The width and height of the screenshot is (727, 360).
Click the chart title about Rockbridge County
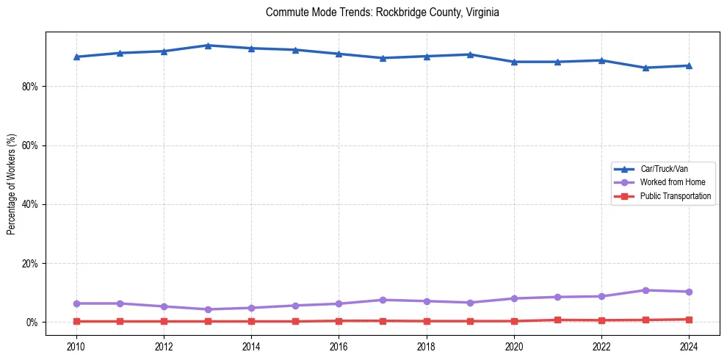pos(383,12)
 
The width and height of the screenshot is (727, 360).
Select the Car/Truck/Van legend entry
pos(663,169)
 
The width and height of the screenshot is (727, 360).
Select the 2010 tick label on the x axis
pos(76,346)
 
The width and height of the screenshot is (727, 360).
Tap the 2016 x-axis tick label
pos(339,346)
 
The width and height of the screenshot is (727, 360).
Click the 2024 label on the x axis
pos(689,346)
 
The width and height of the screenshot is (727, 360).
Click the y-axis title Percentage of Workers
pos(12,184)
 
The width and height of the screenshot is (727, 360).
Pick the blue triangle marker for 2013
pos(208,46)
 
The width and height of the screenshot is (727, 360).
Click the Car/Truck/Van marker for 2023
pos(645,68)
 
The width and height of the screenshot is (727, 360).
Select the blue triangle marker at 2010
pos(76,57)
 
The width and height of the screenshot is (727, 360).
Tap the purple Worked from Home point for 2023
pos(645,290)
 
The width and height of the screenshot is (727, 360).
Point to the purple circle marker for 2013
pos(208,309)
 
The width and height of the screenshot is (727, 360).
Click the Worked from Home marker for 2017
pos(383,300)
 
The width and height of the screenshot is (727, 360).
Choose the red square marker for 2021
pos(558,320)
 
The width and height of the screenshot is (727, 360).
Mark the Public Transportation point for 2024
pos(689,320)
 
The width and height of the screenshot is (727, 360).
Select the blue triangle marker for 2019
pos(470,54)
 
